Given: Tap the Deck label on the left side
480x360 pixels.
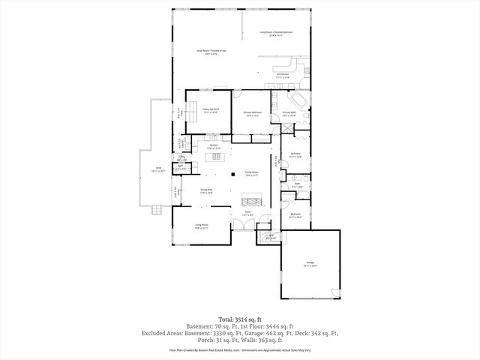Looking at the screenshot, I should (158, 169).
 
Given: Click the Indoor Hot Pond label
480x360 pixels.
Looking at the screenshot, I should (211, 109).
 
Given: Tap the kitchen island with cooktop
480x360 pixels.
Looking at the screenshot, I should (214, 158).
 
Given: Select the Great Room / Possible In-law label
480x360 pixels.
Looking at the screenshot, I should (207, 52).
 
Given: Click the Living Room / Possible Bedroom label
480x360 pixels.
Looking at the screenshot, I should (276, 34).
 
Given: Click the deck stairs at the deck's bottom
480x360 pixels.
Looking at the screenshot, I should (155, 208).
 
